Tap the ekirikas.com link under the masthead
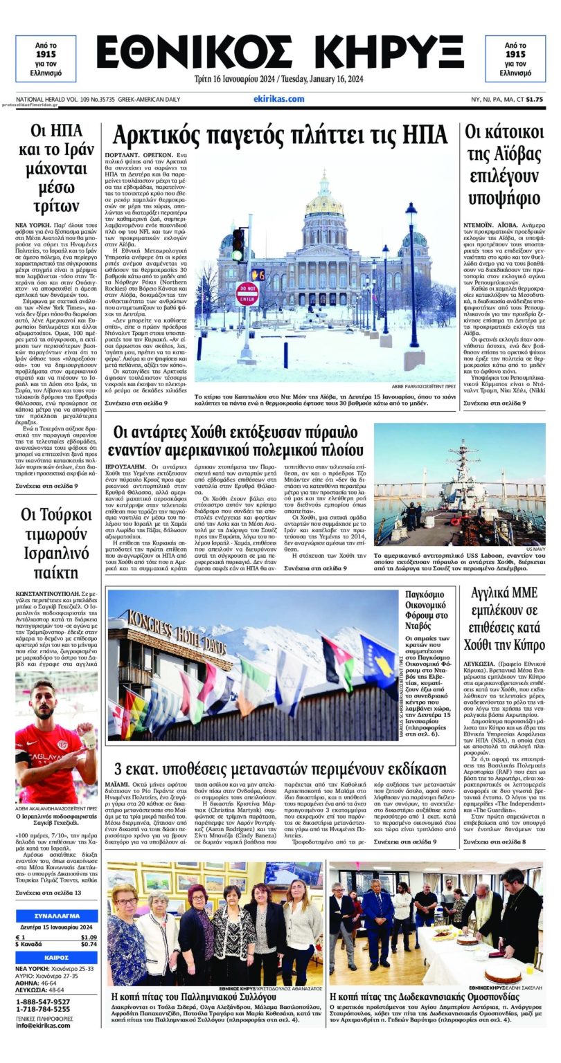[279, 99]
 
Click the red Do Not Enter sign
[247, 293]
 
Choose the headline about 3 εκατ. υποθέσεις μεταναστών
[280, 770]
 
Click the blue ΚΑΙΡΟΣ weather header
[56, 958]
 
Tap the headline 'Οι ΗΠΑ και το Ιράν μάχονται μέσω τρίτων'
[56, 168]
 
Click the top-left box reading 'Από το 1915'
[46, 58]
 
